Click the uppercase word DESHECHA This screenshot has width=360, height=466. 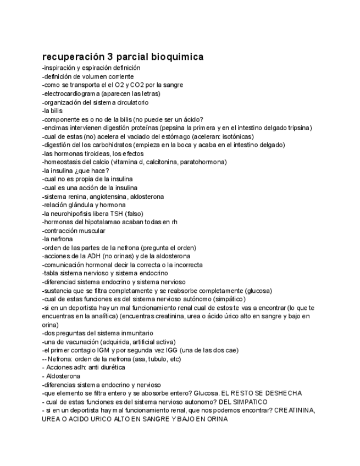coord(282,393)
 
